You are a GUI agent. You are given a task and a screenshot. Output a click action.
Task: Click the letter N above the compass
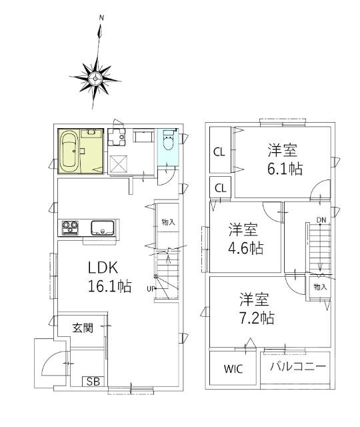tap(101, 17)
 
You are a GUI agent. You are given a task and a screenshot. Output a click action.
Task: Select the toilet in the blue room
tap(168, 143)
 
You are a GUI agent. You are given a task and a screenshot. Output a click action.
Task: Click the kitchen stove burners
tap(71, 228)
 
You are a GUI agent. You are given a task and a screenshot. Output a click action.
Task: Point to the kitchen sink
tap(103, 228)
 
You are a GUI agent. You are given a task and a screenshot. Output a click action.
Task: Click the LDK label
tap(103, 268)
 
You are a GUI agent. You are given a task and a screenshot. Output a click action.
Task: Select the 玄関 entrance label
tap(83, 328)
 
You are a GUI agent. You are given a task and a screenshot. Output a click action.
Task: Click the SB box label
tap(93, 382)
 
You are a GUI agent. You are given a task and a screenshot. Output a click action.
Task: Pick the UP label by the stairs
tap(151, 289)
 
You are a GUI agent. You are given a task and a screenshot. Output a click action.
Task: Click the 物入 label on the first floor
tap(167, 222)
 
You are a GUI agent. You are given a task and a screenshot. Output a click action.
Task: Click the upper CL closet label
tap(219, 151)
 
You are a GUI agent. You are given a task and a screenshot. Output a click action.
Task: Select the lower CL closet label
tap(219, 187)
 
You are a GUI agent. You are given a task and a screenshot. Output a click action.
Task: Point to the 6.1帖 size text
tap(285, 169)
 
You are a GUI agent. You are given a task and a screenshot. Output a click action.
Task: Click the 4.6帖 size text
tap(247, 248)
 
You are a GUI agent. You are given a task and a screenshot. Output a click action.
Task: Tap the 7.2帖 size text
tap(257, 318)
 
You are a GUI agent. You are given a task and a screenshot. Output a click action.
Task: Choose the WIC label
tap(233, 368)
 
